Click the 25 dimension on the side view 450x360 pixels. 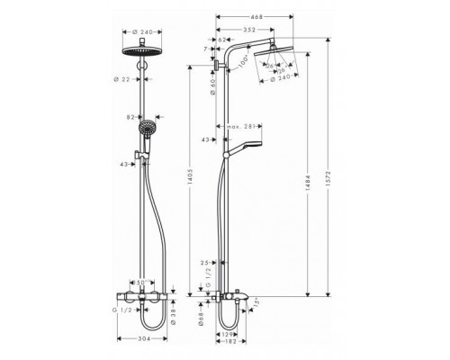[x=206, y=264]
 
